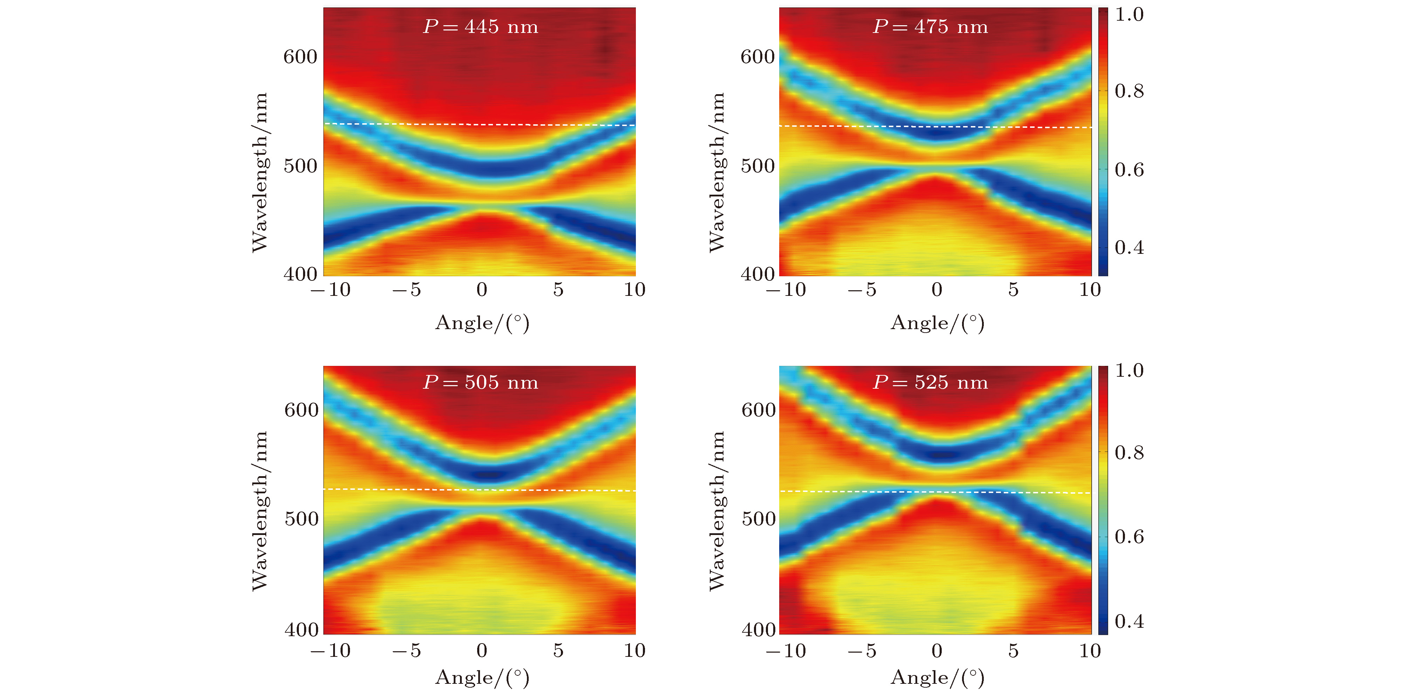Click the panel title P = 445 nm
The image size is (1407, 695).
[481, 27]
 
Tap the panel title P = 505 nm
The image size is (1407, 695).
[481, 382]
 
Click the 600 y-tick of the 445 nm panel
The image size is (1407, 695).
[300, 57]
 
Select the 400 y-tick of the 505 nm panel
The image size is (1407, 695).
[301, 630]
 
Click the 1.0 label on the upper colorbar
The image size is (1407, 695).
[1129, 15]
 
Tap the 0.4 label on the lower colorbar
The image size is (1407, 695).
[1129, 621]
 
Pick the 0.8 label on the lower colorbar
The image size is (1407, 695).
[1129, 453]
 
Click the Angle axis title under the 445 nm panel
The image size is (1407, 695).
[482, 323]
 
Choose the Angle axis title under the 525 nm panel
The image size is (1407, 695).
[937, 677]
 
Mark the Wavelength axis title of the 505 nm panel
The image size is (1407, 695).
[260, 510]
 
